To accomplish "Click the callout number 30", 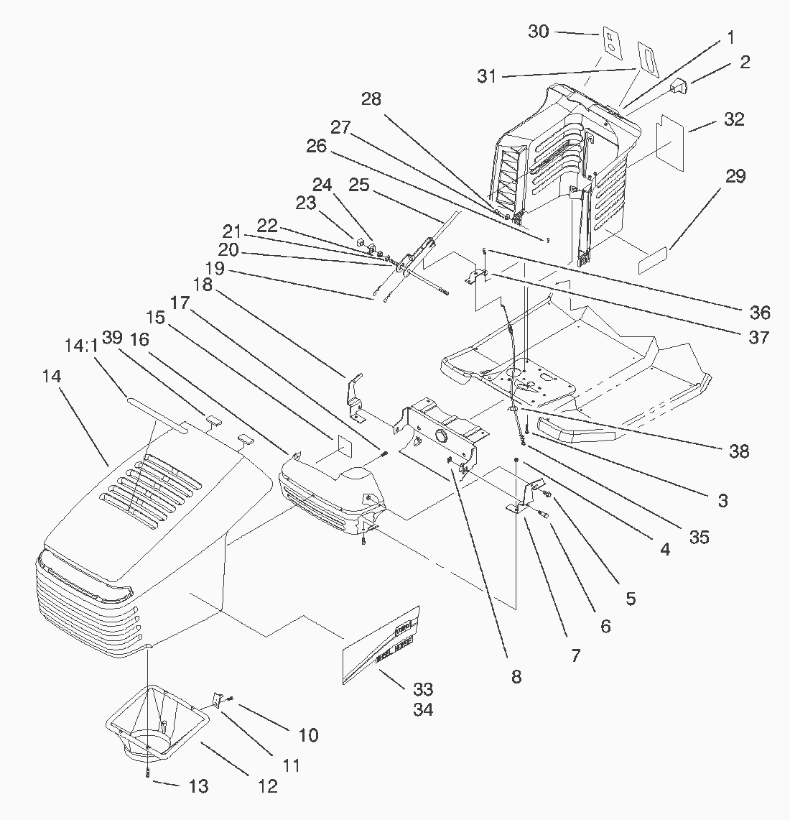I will tap(539, 32).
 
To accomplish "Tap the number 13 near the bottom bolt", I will tap(198, 786).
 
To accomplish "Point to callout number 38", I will tap(738, 451).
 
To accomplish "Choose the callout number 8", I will tap(516, 676).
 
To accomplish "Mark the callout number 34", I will tap(423, 710).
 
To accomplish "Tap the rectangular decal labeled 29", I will tap(654, 260).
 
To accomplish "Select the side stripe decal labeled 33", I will tap(381, 641).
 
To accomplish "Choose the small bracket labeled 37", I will tap(477, 275).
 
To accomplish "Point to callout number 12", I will tap(267, 786).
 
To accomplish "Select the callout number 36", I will tap(759, 312).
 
